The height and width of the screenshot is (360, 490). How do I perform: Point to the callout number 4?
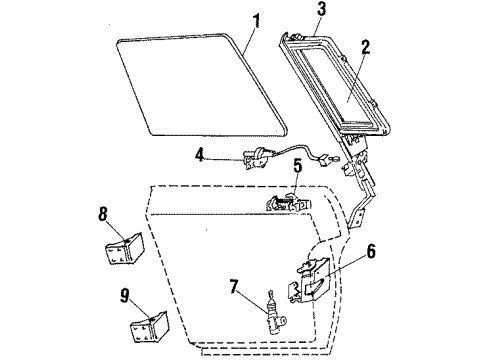198,154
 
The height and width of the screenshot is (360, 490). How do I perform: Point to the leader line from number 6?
345,262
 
